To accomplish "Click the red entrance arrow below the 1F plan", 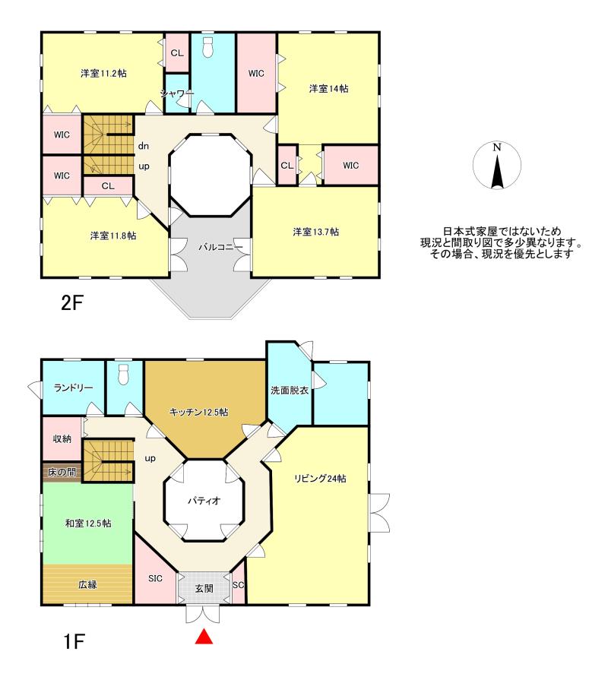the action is click(x=204, y=637).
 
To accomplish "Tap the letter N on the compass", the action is click(x=497, y=147).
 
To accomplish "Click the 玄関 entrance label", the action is click(x=204, y=589).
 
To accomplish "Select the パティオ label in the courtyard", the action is click(x=204, y=501).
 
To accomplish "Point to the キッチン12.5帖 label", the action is click(x=198, y=412).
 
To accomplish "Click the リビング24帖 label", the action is click(x=320, y=479).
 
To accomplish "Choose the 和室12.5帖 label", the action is click(x=88, y=523).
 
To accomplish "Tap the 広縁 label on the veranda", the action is click(x=87, y=584).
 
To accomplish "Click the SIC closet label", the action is click(x=155, y=578).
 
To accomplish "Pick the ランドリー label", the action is click(x=73, y=387).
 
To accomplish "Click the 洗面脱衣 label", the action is click(x=290, y=391).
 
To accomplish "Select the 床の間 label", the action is click(x=62, y=472).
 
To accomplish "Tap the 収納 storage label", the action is click(x=62, y=439).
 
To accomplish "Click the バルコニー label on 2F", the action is click(x=220, y=248).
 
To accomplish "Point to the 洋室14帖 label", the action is click(x=329, y=88).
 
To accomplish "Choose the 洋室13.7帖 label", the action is click(x=315, y=232).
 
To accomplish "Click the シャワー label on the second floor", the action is click(x=177, y=93).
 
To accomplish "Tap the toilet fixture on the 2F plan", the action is click(x=208, y=47).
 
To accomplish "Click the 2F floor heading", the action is click(x=72, y=303).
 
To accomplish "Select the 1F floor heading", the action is click(x=74, y=641).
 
